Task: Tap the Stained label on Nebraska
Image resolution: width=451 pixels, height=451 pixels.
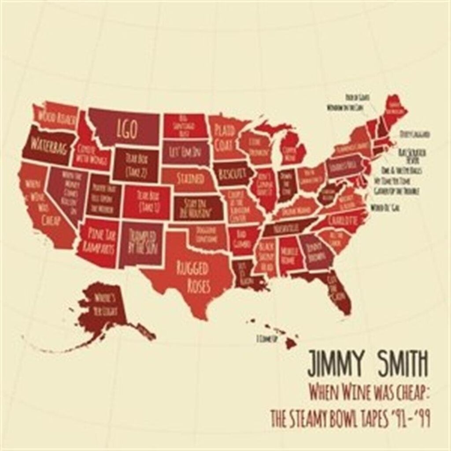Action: point(190,179)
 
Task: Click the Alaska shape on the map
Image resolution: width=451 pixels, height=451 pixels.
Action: point(101,308)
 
